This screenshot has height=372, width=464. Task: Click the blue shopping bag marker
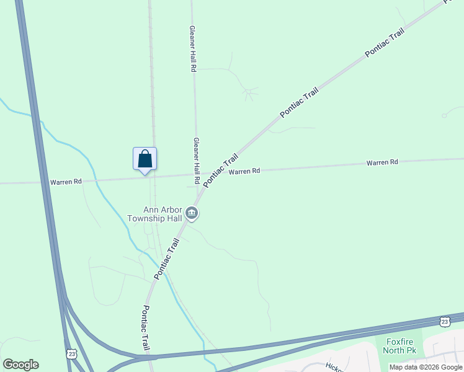pyautogui.click(x=145, y=159)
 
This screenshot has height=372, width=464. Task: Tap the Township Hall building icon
pyautogui.click(x=192, y=215)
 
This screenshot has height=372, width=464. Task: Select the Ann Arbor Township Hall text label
pyautogui.click(x=154, y=214)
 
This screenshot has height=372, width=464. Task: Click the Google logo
pyautogui.click(x=20, y=364)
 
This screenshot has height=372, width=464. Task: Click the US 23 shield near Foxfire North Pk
pyautogui.click(x=444, y=321)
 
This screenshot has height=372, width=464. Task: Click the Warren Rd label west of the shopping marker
pyautogui.click(x=66, y=182)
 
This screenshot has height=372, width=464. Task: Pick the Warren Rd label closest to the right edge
pyautogui.click(x=381, y=162)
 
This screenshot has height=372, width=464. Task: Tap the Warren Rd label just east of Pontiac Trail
pyautogui.click(x=244, y=171)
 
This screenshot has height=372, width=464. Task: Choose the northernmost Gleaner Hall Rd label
pyautogui.click(x=193, y=50)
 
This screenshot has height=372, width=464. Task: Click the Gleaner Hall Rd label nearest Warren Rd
pyautogui.click(x=197, y=160)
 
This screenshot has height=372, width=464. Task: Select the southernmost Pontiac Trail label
pyautogui.click(x=146, y=327)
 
